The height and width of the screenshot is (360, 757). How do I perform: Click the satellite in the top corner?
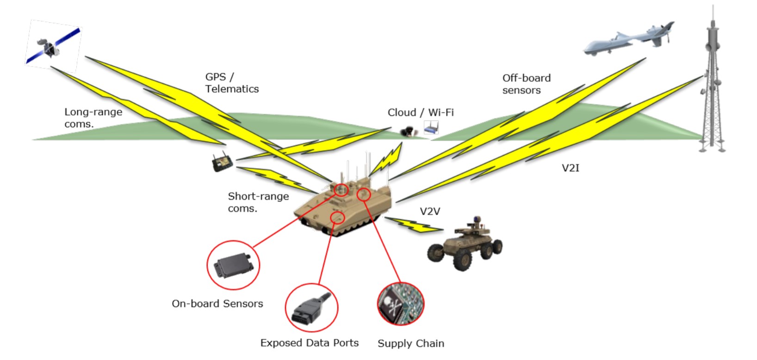click(52, 45)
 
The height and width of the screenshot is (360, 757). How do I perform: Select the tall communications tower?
click(712, 88)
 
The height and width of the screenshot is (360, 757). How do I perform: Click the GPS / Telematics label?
click(232, 83)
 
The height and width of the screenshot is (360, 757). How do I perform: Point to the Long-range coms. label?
click(93, 118)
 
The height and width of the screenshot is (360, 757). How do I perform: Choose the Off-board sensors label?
click(526, 84)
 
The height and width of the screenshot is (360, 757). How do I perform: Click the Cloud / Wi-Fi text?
click(420, 112)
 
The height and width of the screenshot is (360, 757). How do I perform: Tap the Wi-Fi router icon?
click(431, 127)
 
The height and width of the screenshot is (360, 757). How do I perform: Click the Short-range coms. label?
click(258, 202)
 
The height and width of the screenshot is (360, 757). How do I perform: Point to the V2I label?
click(570, 168)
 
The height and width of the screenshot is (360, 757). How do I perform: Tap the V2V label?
click(429, 211)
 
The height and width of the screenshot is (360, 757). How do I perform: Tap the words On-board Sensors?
click(217, 304)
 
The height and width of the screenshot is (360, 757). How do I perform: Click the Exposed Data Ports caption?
click(309, 343)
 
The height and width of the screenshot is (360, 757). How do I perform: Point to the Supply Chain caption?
click(410, 343)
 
